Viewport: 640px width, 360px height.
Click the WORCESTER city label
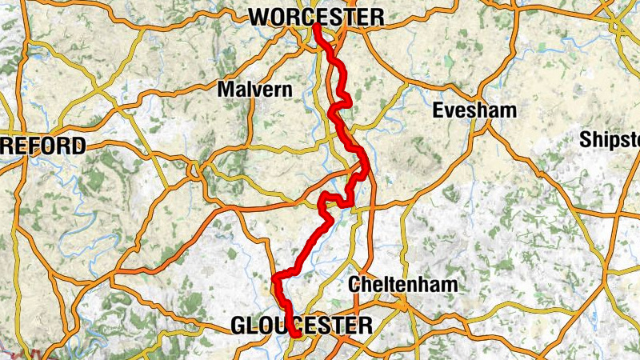[317, 17]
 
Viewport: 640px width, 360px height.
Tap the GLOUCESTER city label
[302, 325]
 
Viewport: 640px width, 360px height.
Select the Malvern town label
[255, 90]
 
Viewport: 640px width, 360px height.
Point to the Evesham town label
[474, 111]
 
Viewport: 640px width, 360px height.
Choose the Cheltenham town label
[403, 284]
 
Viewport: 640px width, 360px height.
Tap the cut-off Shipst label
[610, 139]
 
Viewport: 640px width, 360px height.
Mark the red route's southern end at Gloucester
[297, 336]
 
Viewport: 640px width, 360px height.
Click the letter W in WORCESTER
[258, 17]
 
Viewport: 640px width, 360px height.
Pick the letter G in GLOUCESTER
[238, 325]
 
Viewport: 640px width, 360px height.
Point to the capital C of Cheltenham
[356, 284]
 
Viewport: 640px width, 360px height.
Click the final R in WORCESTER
[378, 17]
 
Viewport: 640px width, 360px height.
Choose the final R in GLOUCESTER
[366, 325]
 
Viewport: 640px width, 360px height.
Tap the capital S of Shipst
[586, 139]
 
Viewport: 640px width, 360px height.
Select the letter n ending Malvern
[287, 90]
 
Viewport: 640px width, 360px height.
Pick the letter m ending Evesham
[509, 111]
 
